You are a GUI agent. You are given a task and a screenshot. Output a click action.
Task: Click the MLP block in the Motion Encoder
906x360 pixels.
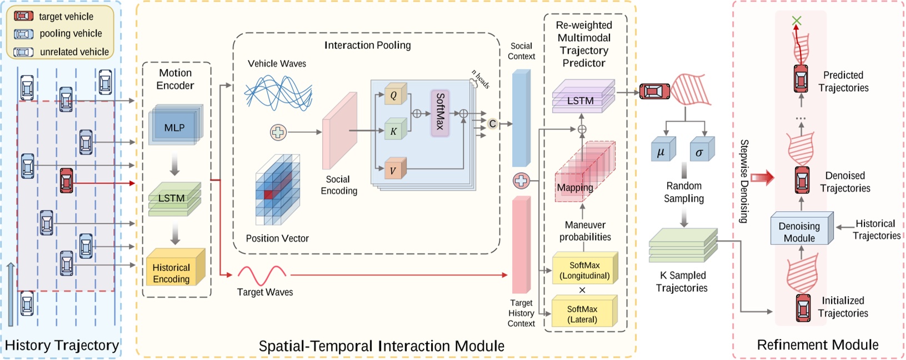point(174,127)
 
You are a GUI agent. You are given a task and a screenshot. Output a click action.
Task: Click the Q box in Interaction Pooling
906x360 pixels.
point(394,95)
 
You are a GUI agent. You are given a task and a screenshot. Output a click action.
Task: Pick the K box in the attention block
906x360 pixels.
point(394,131)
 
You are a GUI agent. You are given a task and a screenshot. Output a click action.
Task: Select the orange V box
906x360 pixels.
point(393,170)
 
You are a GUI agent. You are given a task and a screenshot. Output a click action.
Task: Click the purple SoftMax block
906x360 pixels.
point(439,113)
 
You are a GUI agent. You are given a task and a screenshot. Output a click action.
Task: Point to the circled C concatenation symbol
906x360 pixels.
point(492,124)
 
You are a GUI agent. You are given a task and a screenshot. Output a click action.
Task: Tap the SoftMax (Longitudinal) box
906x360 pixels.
point(584,270)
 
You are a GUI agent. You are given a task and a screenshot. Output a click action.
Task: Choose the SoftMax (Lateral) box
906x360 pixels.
point(583,313)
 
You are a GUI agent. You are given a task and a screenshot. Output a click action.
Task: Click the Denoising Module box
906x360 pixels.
point(800,231)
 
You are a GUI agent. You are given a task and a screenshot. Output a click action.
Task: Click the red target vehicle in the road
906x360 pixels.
point(66,181)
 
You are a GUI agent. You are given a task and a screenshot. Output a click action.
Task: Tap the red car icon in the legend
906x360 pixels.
point(24,16)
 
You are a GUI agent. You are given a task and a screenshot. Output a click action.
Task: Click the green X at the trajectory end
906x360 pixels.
point(797,21)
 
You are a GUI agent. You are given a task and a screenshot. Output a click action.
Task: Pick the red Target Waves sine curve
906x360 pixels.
point(262,275)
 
